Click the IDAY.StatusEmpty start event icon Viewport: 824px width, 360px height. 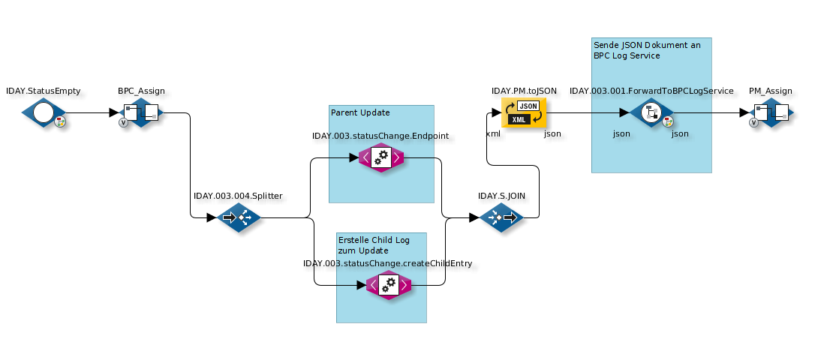[44, 113]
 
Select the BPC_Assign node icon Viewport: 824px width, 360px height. [141, 113]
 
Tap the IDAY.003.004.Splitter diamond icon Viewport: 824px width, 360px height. [239, 218]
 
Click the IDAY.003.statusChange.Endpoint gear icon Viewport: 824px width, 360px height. [381, 157]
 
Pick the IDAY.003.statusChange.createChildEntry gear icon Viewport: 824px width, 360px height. [389, 285]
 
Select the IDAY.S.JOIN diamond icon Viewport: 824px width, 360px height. [501, 218]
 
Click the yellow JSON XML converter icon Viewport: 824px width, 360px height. [524, 112]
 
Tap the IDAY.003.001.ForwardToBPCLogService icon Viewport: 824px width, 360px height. [651, 113]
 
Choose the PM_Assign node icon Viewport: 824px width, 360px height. [771, 113]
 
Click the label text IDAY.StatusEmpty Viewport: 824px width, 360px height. [43, 91]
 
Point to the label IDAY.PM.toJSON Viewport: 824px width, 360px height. [524, 91]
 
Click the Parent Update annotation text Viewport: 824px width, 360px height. [360, 112]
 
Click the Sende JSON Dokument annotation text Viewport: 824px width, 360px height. [646, 50]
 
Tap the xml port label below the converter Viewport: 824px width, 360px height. [493, 133]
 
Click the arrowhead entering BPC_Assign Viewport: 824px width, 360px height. [114, 113]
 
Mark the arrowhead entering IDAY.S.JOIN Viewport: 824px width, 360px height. [474, 218]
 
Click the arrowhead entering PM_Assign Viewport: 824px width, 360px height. [744, 113]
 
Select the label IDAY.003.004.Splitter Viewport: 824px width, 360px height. [238, 196]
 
